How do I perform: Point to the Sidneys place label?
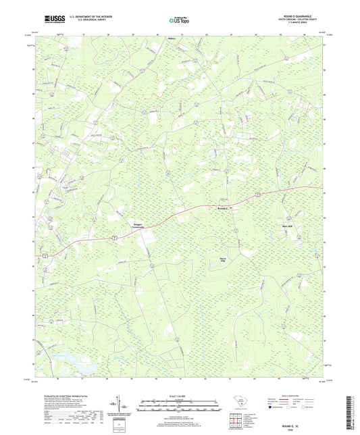click(172, 39)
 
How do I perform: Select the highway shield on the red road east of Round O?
click(258, 195)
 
